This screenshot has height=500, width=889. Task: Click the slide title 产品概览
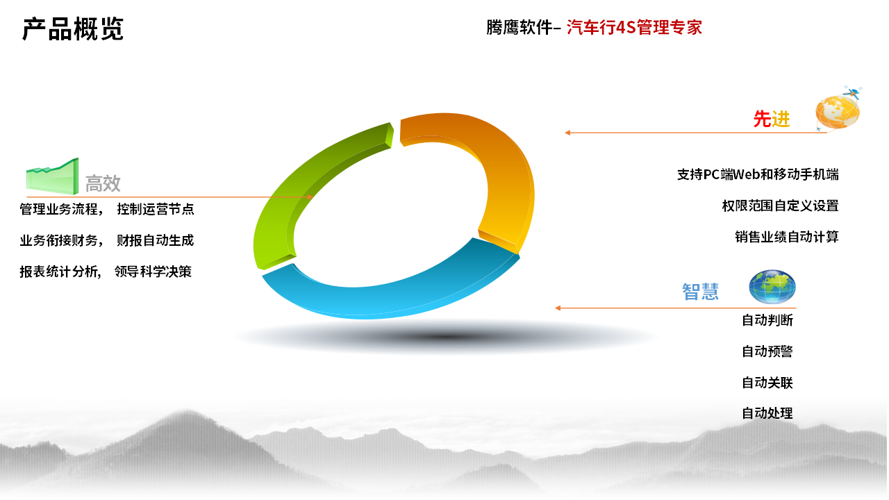pos(73,29)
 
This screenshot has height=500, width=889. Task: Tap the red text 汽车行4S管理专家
pos(634,27)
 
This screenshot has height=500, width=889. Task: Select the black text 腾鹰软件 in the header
pos(520,27)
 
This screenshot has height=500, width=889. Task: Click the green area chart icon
pos(52,176)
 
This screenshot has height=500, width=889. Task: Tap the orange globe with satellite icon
pos(838,109)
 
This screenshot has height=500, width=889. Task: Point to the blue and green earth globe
pos(772,287)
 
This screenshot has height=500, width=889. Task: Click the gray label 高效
pos(103,183)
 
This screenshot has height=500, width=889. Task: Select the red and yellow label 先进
pos(772,119)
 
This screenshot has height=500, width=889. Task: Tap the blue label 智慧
pos(701,292)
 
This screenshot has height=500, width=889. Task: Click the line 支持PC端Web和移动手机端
pos(758,174)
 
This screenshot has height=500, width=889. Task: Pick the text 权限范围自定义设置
pos(780,206)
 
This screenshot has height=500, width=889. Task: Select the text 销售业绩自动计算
pos(787,237)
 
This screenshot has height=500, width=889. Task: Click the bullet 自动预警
pos(767,351)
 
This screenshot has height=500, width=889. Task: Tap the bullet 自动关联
pos(767,383)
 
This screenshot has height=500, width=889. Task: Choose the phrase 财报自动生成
pos(155,240)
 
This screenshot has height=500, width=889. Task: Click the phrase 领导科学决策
pos(153,272)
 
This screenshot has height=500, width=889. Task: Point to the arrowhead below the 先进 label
pos(567,133)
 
